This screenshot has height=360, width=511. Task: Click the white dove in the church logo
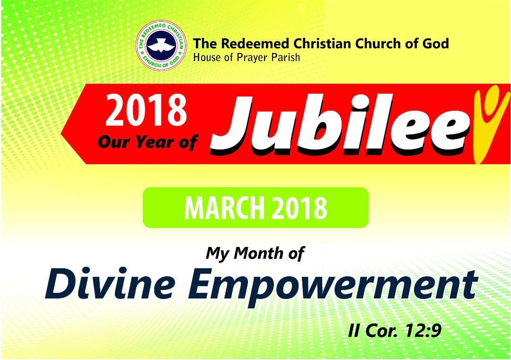161,45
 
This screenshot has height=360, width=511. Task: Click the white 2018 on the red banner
146,110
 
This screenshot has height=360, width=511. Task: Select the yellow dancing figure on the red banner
490,124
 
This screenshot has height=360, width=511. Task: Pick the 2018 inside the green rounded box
299,208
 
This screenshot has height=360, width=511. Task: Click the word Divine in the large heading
110,283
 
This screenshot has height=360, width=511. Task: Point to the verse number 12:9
423,331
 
